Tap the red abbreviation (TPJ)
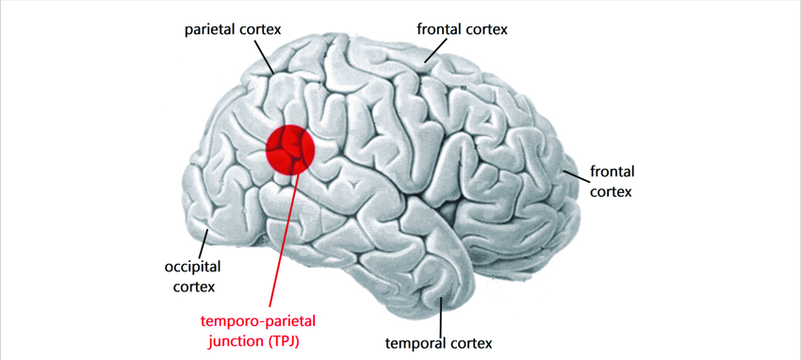pyautogui.click(x=288, y=340)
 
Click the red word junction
pyautogui.click(x=235, y=340)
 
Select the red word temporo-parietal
pyautogui.click(x=265, y=320)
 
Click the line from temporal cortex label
pyautogui.click(x=443, y=313)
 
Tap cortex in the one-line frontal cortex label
pyautogui.click(x=486, y=29)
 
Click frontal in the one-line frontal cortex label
pyautogui.click(x=438, y=29)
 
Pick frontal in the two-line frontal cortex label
pyautogui.click(x=612, y=172)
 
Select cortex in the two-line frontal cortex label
pyautogui.click(x=612, y=191)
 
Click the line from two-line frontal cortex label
pyautogui.click(x=573, y=173)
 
